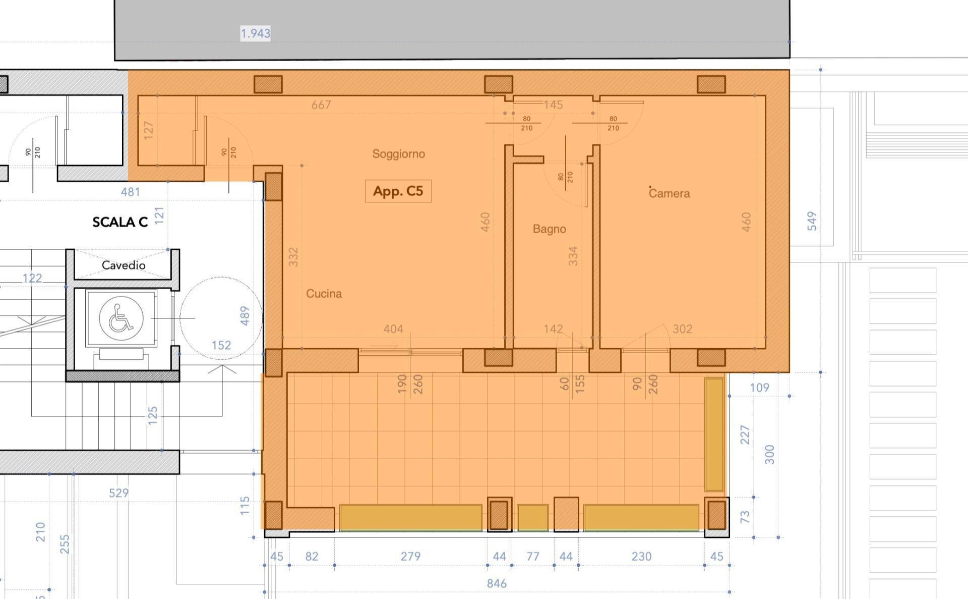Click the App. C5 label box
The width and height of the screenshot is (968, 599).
pos(398,191)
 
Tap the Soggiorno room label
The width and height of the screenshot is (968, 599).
pos(398,154)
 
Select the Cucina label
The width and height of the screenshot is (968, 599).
pos(324,294)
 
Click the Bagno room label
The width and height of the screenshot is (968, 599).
pos(549,229)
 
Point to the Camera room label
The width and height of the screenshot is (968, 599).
pos(669,193)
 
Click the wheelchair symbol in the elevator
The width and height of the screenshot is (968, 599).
pos(121,318)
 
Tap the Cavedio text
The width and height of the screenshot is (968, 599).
pos(124,265)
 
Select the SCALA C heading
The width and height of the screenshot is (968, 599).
pos(120,222)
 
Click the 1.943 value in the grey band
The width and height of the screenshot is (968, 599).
pos(255,33)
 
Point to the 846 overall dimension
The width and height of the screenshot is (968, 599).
pos(497,583)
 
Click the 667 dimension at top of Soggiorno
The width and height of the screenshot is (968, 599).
pos(321,105)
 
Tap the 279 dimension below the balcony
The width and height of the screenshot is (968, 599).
pos(410,556)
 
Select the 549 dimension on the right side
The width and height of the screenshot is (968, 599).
pos(812,221)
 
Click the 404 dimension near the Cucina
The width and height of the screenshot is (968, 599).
pos(393,329)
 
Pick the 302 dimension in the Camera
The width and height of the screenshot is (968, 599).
pos(682,329)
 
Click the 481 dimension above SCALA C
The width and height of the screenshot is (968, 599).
pos(130,192)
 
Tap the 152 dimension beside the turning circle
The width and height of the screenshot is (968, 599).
pos(221,345)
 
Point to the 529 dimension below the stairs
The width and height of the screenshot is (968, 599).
pos(118,493)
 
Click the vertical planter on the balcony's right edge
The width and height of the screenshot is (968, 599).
pos(714,434)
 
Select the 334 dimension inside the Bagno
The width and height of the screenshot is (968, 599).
pos(573,256)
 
